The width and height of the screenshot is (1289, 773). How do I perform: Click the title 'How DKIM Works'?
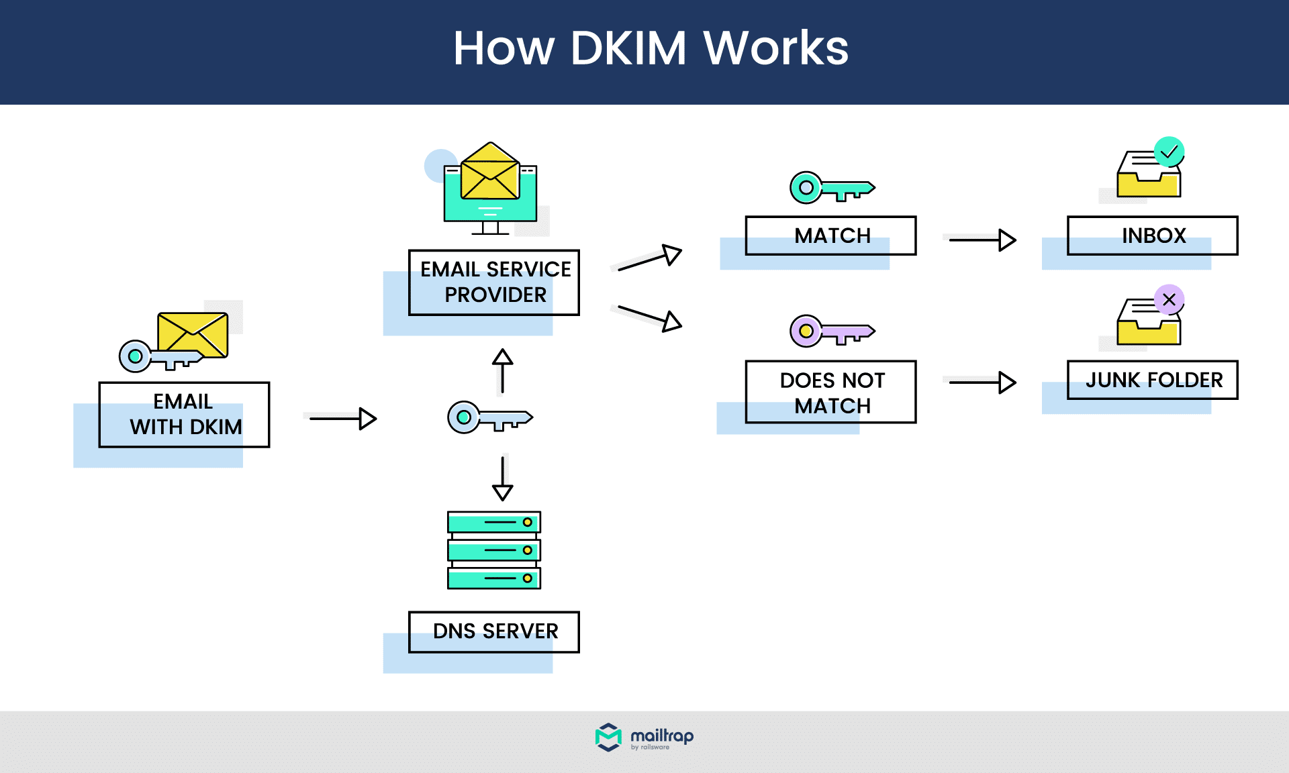[x=650, y=48]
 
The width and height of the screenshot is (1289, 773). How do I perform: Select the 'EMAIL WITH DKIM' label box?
[x=184, y=415]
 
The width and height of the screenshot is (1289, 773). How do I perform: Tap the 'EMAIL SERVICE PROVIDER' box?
[x=494, y=282]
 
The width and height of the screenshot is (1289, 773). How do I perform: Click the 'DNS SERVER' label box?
[x=494, y=631]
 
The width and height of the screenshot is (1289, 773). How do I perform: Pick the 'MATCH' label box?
[x=831, y=236]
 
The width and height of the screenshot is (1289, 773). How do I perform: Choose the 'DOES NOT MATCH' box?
[x=831, y=393]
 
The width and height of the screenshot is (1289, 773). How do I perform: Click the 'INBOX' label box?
[x=1153, y=236]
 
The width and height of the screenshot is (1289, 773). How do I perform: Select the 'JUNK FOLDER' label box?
[x=1153, y=380]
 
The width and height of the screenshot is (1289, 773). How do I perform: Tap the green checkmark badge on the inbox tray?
[x=1169, y=152]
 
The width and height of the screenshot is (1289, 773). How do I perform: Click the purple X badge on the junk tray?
[x=1169, y=299]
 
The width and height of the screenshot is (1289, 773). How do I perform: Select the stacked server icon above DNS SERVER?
[x=494, y=550]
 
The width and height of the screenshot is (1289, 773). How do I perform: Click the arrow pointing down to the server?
[x=502, y=478]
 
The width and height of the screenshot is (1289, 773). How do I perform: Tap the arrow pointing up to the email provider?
[x=502, y=370]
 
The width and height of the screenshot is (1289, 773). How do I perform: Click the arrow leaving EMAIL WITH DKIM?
[x=342, y=419]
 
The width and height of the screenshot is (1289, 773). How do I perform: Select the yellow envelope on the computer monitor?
[x=490, y=173]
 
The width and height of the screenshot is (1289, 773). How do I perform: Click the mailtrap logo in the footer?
[x=644, y=737]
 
